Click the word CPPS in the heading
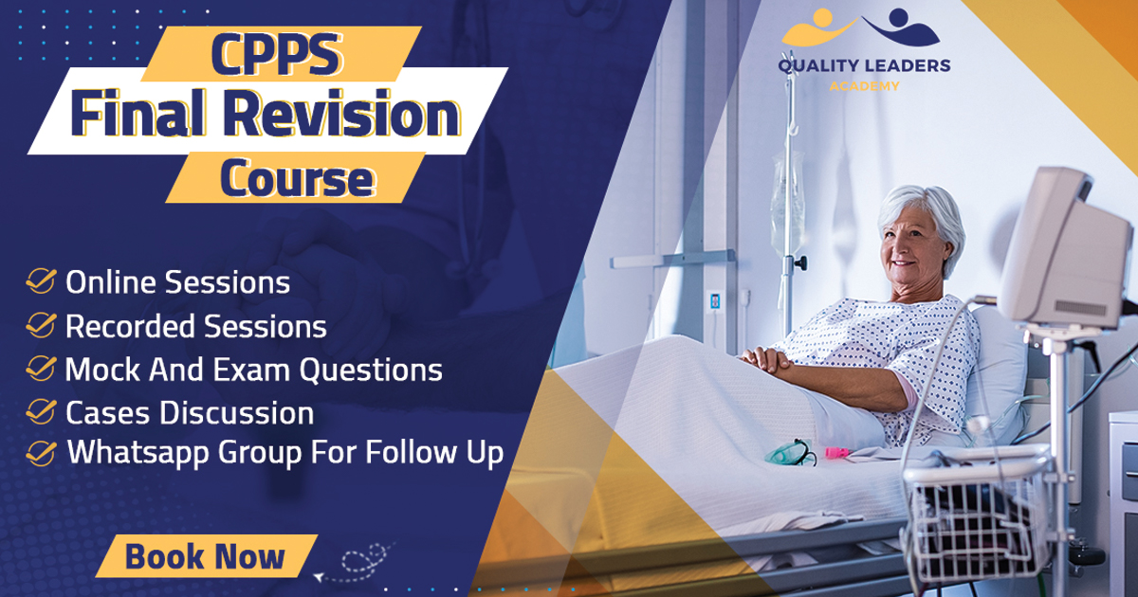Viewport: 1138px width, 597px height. pyautogui.click(x=276, y=54)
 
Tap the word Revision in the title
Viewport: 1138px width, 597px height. pyautogui.click(x=342, y=114)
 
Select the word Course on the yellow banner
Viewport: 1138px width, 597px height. pyautogui.click(x=298, y=178)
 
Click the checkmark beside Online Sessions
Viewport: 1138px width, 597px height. pyautogui.click(x=41, y=281)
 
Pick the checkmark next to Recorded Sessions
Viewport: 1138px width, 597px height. pyautogui.click(x=41, y=325)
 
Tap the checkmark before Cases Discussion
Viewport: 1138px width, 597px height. pyautogui.click(x=41, y=411)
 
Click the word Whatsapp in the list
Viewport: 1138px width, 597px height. pyautogui.click(x=138, y=453)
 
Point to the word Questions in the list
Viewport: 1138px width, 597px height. pyautogui.click(x=371, y=371)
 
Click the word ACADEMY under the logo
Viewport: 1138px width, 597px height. pyautogui.click(x=865, y=86)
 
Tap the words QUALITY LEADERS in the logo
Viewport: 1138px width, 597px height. pyautogui.click(x=864, y=66)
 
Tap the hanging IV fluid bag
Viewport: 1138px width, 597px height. pyautogui.click(x=786, y=203)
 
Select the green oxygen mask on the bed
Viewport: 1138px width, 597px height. pyautogui.click(x=790, y=453)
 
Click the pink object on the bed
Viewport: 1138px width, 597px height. pyautogui.click(x=836, y=452)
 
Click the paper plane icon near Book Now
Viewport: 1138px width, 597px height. pyautogui.click(x=319, y=577)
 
